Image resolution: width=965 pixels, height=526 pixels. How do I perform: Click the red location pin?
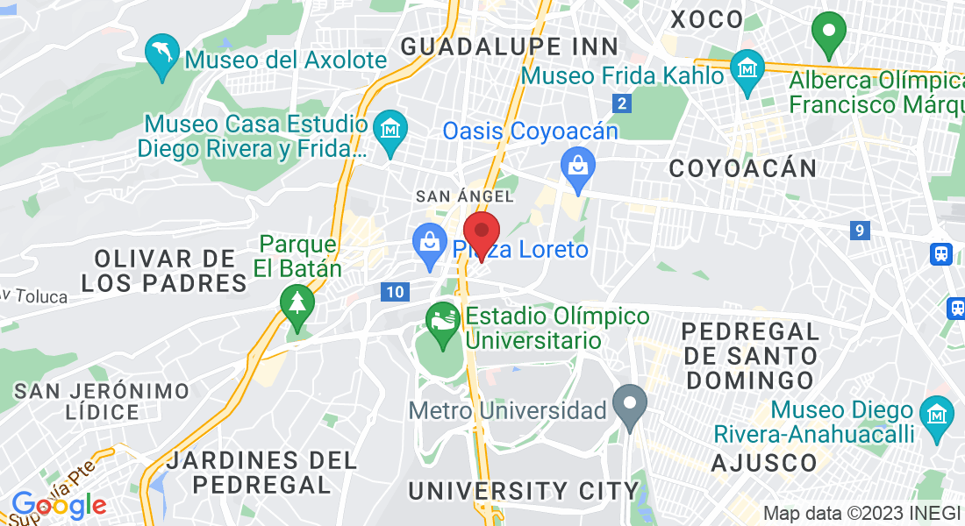482,232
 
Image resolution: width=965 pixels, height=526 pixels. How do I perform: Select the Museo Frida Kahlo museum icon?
747,69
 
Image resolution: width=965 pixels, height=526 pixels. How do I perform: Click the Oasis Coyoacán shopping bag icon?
578,167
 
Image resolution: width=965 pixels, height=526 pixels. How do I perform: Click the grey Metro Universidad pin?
629,405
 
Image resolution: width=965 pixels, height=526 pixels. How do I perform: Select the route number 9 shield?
860,231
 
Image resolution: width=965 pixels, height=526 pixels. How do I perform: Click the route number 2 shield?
622,103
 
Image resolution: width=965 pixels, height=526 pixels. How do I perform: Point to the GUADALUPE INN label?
510,46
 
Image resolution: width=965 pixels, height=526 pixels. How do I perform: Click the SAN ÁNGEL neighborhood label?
464,195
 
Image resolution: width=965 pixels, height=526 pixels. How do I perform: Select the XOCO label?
706,18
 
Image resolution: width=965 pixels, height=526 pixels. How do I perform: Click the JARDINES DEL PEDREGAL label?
261,472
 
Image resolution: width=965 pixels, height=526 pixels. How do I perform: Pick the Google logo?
59,505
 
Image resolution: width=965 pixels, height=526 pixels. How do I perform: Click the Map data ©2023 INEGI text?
862,513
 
